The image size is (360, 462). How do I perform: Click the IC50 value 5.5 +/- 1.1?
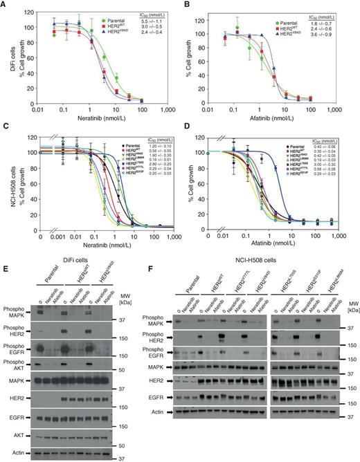point(157,14)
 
